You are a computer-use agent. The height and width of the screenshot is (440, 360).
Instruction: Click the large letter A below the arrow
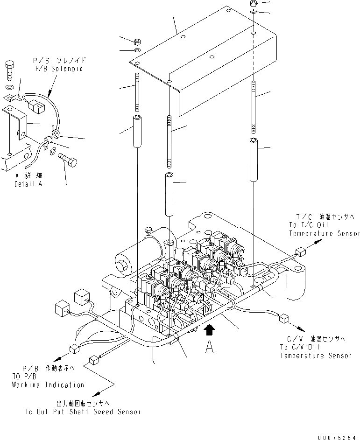210,347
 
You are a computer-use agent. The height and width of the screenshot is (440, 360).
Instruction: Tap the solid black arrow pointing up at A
210,330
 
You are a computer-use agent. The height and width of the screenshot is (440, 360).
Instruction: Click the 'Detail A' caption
29,184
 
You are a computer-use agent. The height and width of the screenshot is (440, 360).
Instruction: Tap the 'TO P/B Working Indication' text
48,377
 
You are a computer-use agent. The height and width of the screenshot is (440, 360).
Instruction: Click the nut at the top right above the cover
253,3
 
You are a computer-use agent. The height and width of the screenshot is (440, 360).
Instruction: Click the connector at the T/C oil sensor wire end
300,253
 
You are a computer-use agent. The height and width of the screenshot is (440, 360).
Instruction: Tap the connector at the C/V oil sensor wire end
282,319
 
